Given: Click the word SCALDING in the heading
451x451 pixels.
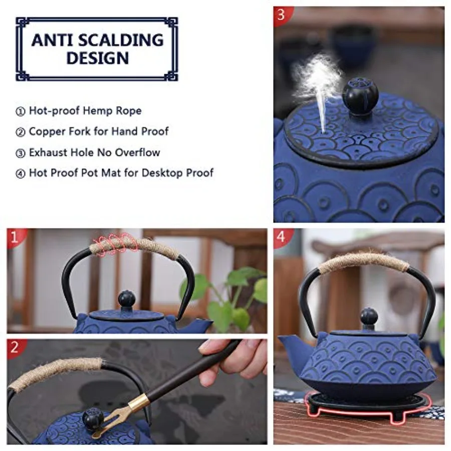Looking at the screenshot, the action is [121, 40].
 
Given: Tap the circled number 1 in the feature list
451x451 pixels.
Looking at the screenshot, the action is [20, 111].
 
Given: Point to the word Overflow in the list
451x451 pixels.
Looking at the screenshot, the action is [137, 152].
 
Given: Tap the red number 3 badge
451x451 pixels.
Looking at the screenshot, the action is [281, 15].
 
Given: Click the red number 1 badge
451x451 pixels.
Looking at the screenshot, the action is [15, 237].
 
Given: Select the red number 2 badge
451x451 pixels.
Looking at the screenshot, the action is [15, 347].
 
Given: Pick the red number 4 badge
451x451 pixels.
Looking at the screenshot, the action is [281, 237].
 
